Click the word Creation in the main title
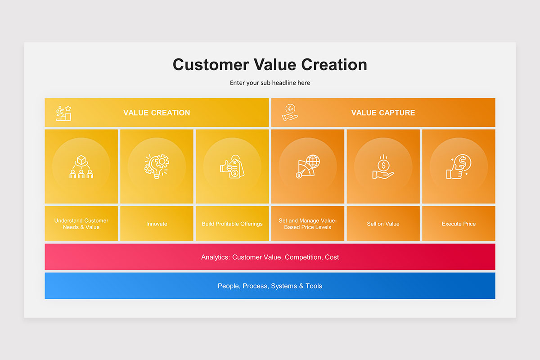pyautogui.click(x=334, y=65)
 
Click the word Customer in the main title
pyautogui.click(x=211, y=65)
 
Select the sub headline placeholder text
pyautogui.click(x=270, y=83)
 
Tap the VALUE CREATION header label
pyautogui.click(x=157, y=112)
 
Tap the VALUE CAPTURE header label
pyautogui.click(x=383, y=112)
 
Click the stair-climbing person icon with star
pyautogui.click(x=63, y=113)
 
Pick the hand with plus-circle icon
pyautogui.click(x=290, y=112)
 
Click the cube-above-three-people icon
pyautogui.click(x=81, y=166)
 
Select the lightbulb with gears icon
pyautogui.click(x=157, y=166)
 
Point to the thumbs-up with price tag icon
pyautogui.click(x=232, y=166)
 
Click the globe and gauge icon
pyautogui.click(x=308, y=166)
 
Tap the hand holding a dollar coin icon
pyautogui.click(x=383, y=166)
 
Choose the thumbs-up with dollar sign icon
pyautogui.click(x=459, y=166)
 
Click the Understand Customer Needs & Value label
pyautogui.click(x=81, y=224)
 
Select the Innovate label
pyautogui.click(x=157, y=224)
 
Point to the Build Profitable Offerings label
pyautogui.click(x=232, y=224)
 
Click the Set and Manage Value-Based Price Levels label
pyautogui.click(x=308, y=224)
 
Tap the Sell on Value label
pyautogui.click(x=383, y=224)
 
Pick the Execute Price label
pyautogui.click(x=459, y=224)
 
